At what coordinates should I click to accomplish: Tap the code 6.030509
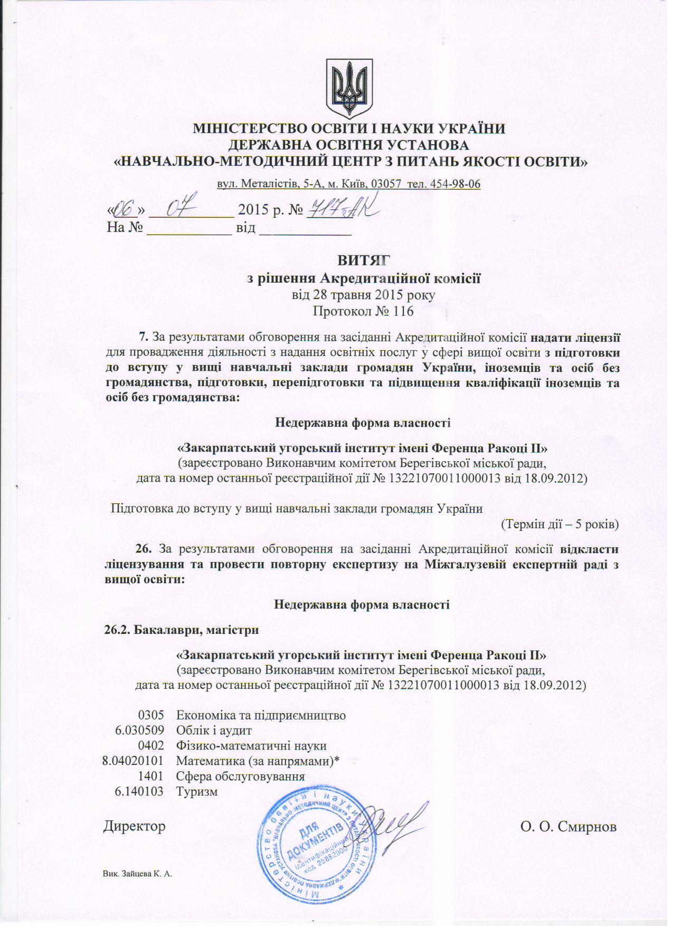[139, 731]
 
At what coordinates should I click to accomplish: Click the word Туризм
[197, 792]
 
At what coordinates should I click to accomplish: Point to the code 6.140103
[139, 792]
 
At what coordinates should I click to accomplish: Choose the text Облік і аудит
[214, 731]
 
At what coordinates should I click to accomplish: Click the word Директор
[134, 826]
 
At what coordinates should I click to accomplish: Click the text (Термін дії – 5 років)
[559, 525]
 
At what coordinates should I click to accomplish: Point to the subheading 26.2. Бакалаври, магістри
[181, 630]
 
